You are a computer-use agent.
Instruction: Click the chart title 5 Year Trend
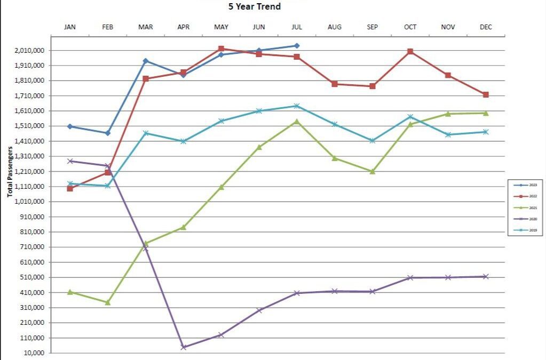click(255, 7)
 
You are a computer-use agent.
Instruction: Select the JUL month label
click(297, 27)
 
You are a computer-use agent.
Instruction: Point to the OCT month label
click(410, 27)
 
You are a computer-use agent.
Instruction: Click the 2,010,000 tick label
click(31, 51)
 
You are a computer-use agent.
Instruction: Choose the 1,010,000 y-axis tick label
click(31, 202)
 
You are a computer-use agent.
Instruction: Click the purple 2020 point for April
click(184, 347)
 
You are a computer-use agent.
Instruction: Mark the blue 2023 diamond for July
click(297, 46)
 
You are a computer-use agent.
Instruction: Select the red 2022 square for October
click(410, 52)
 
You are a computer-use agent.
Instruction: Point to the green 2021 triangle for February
click(108, 302)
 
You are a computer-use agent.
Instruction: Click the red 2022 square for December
click(486, 94)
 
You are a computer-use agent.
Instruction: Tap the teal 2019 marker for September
click(373, 141)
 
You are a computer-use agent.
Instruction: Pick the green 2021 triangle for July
click(297, 122)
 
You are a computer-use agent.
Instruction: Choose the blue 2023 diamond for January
click(70, 126)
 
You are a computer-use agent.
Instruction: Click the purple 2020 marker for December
click(486, 276)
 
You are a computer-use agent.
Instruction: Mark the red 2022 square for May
click(221, 49)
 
